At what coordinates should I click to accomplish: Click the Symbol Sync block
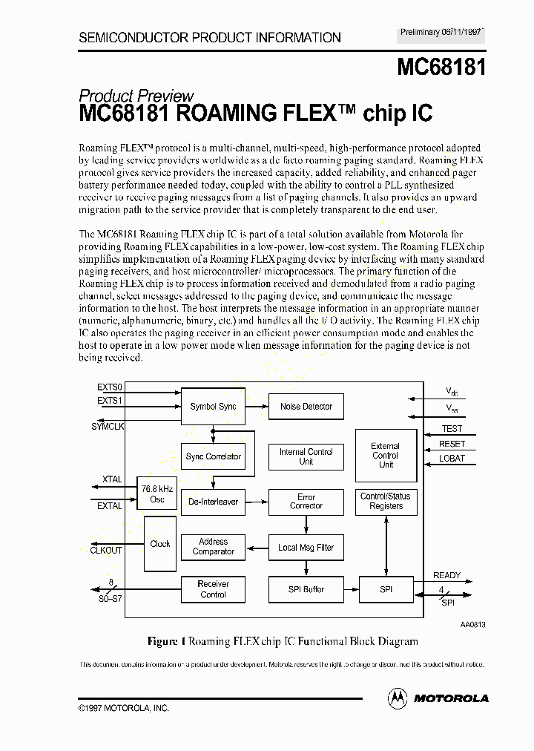click(213, 406)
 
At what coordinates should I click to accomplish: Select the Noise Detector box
click(306, 406)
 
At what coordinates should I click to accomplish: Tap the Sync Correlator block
click(213, 456)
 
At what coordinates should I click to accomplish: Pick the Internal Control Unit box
click(306, 456)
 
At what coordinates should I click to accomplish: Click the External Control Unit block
click(386, 456)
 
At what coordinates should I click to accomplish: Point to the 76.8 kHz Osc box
click(157, 493)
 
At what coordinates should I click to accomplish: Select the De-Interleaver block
click(213, 502)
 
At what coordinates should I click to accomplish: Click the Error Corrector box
click(306, 502)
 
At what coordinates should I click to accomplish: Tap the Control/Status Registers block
click(386, 501)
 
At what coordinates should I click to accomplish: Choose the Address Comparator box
click(213, 547)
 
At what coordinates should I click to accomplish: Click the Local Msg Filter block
click(306, 548)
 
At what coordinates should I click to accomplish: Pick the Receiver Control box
click(213, 589)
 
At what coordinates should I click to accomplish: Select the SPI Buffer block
click(306, 589)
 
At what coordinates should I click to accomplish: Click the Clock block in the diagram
click(160, 544)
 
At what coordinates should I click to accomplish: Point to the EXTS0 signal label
click(110, 387)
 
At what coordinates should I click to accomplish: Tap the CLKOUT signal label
click(106, 550)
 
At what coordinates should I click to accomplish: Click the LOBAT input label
click(452, 458)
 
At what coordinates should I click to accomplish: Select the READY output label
click(447, 575)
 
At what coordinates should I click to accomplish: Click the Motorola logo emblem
click(398, 698)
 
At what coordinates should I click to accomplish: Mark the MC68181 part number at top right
click(441, 68)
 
